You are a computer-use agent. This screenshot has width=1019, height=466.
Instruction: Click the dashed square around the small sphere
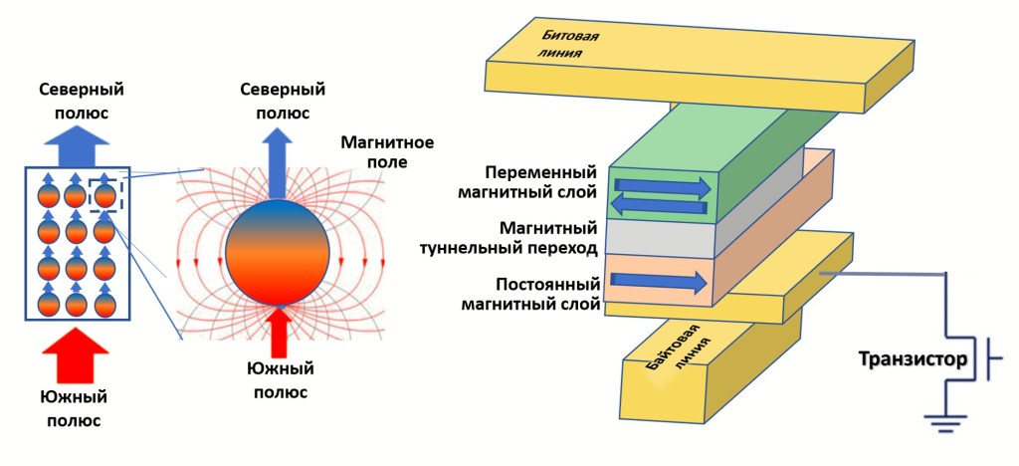[x=105, y=194]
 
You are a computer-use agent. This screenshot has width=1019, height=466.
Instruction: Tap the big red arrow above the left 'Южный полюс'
[x=76, y=353]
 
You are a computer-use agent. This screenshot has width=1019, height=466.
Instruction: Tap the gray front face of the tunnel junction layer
[x=662, y=237]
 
